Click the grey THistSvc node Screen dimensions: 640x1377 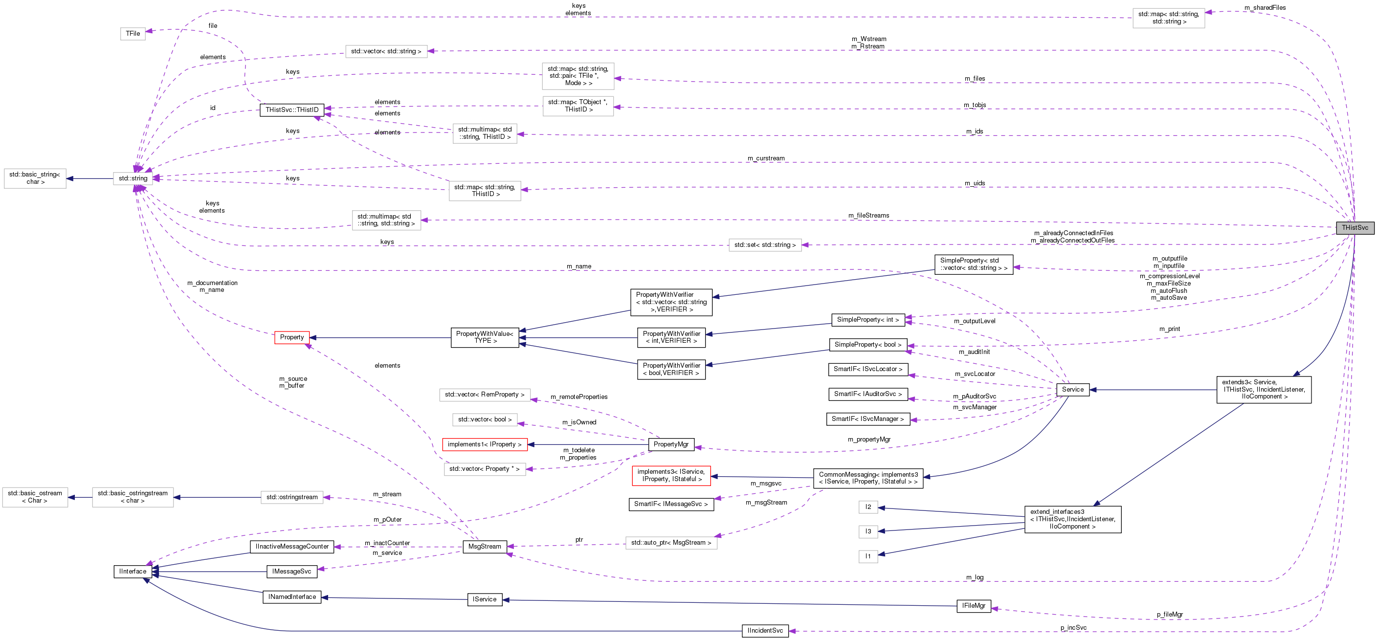pos(1354,228)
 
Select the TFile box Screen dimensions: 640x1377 pos(133,34)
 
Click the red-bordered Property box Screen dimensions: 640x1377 pos(291,337)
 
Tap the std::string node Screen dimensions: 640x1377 pos(133,178)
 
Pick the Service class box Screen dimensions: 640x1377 pos(1072,390)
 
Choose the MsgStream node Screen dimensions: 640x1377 pos(484,547)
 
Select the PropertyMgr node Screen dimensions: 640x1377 pos(671,444)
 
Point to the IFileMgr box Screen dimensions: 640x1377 pos(973,606)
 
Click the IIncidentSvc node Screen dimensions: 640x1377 pos(765,631)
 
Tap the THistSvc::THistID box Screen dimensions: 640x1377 pos(292,110)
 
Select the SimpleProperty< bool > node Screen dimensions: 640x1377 pos(867,345)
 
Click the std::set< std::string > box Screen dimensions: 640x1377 pos(764,245)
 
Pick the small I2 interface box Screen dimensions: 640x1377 pos(867,507)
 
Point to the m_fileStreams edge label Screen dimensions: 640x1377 pos(868,216)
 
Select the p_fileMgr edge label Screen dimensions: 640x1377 pos(1169,615)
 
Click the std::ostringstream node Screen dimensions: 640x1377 pos(292,497)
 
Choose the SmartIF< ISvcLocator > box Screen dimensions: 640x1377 pos(867,370)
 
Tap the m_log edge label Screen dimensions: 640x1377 pos(974,577)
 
